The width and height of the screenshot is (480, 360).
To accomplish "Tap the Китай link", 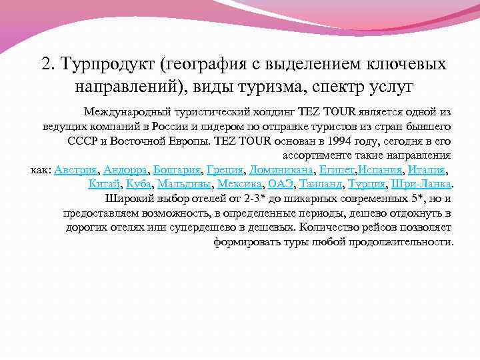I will (x=103, y=184).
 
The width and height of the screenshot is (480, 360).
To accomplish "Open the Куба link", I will (x=139, y=184).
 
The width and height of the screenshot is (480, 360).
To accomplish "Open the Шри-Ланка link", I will (x=422, y=184).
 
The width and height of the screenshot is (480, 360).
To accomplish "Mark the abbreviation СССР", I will (x=83, y=141).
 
